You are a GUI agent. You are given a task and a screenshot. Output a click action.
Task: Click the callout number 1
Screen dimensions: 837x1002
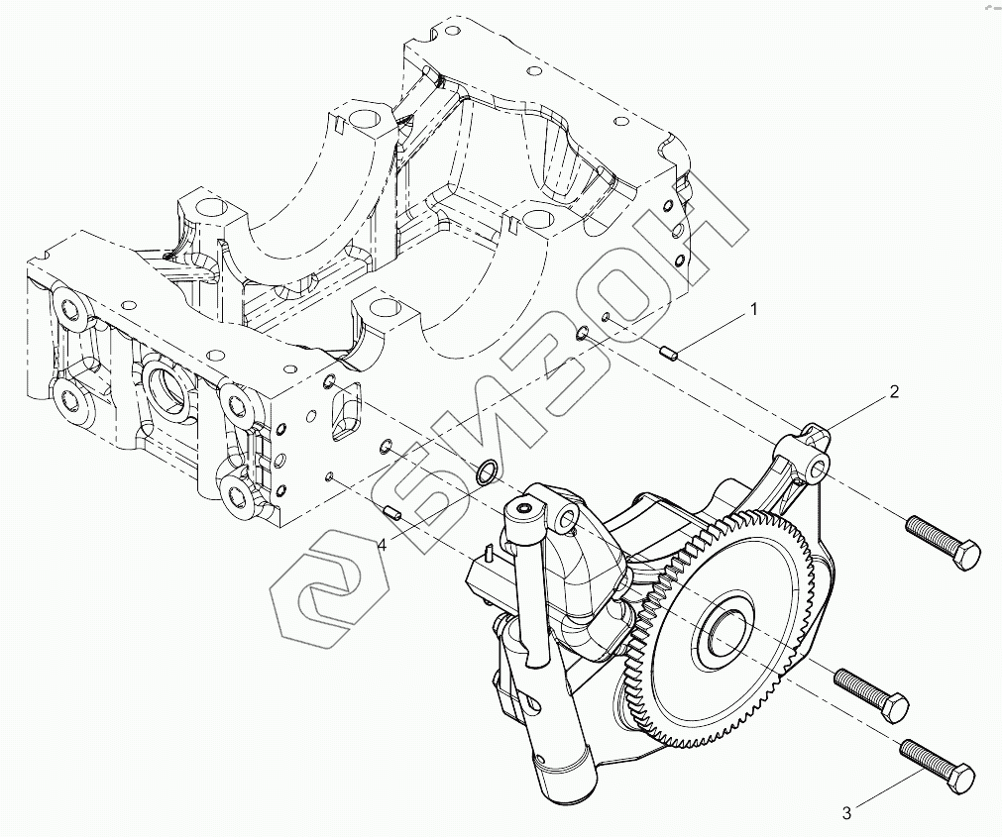click(x=753, y=310)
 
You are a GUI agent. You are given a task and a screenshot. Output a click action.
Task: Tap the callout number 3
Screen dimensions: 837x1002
click(x=846, y=813)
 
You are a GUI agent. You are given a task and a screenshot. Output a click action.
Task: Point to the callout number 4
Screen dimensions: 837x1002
click(x=381, y=543)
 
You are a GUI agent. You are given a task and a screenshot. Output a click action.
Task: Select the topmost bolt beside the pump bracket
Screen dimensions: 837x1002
click(x=942, y=541)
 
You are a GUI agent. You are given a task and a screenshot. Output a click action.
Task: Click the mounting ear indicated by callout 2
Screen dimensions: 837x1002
click(x=813, y=448)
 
